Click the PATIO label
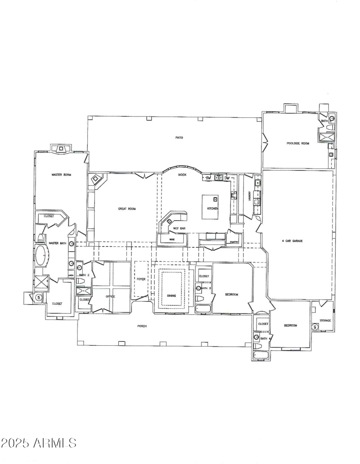click(179, 138)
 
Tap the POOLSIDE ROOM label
click(298, 143)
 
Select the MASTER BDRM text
click(61, 174)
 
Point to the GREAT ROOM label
click(127, 209)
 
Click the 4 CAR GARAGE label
click(292, 241)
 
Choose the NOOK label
click(182, 174)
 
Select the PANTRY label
click(234, 241)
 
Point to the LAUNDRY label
click(249, 196)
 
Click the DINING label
click(171, 295)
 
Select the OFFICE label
click(111, 296)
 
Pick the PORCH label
click(142, 326)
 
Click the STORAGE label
click(325, 320)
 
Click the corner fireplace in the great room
click(96, 180)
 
